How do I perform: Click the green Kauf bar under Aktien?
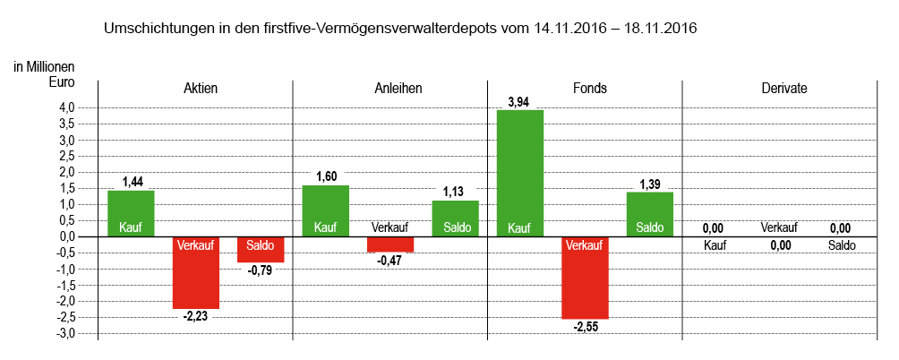131,213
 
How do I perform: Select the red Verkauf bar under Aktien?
196,272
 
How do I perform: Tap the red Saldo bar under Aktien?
261,249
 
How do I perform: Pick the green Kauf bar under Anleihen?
326,210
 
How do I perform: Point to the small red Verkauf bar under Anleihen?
390,244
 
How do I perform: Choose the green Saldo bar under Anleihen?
455,218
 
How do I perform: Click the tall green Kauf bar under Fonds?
520,173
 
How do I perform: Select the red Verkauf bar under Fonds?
585,278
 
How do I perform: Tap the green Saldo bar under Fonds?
650,214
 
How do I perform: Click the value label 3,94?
518,102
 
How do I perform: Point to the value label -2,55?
585,327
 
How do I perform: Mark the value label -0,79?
260,270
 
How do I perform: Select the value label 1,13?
455,192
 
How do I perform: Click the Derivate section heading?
783,89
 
